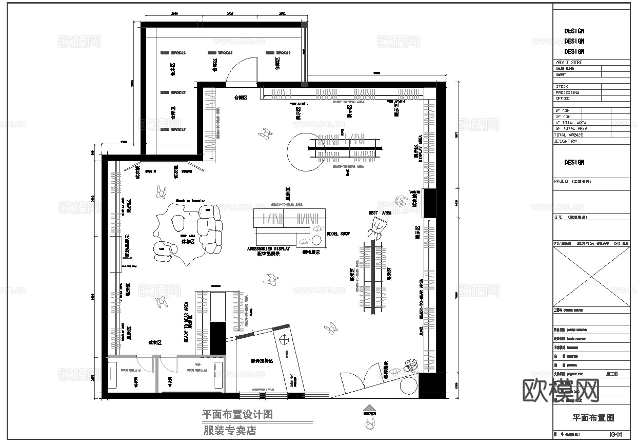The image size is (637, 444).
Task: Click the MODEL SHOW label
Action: pyautogui.click(x=338, y=234)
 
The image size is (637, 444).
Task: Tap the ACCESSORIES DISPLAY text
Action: pyautogui.click(x=269, y=248)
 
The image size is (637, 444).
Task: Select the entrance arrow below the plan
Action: pyautogui.click(x=369, y=407)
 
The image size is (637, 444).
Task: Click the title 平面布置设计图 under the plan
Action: pyautogui.click(x=237, y=414)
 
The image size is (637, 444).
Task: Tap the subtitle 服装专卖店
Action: pyautogui.click(x=229, y=431)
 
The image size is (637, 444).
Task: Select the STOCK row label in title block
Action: pyautogui.click(x=562, y=87)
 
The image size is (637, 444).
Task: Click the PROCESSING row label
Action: pyautogui.click(x=567, y=92)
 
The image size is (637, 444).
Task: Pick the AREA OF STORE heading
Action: pyautogui.click(x=569, y=62)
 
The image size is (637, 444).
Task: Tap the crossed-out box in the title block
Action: pyautogui.click(x=591, y=276)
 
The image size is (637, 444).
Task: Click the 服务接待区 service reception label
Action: pyautogui.click(x=262, y=361)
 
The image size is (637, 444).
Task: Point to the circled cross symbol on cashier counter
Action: pyautogui.click(x=283, y=339)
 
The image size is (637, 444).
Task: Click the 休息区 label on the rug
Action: pyautogui.click(x=187, y=241)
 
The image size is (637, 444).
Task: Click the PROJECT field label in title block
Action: pyautogui.click(x=562, y=182)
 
